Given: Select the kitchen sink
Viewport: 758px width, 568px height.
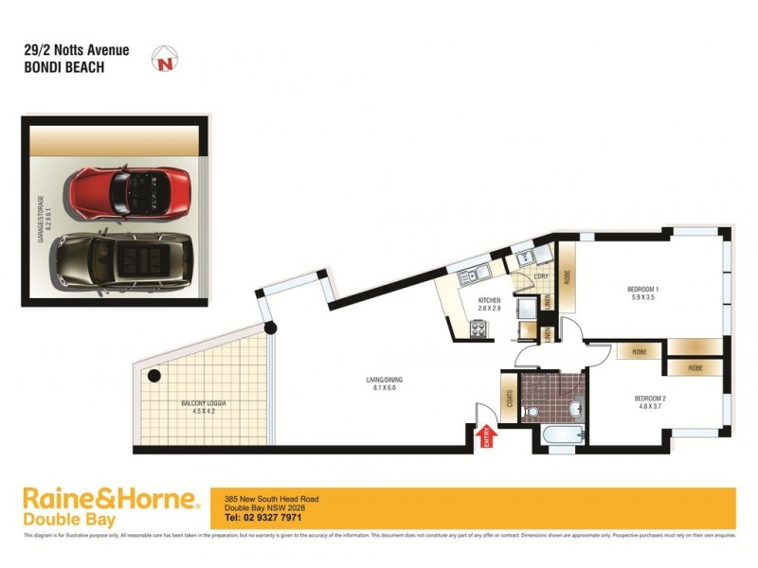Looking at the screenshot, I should [x=471, y=275].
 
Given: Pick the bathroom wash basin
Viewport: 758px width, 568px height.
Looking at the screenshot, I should [x=574, y=408].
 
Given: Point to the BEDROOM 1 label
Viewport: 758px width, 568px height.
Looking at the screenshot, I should [x=642, y=288].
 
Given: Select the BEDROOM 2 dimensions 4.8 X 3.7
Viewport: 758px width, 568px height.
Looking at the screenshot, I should [x=651, y=406].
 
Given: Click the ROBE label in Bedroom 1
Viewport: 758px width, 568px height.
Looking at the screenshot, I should [x=567, y=278].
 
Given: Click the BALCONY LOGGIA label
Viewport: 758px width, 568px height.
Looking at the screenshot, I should [x=204, y=404].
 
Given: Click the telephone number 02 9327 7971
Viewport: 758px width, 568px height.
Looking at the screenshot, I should [x=264, y=518].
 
